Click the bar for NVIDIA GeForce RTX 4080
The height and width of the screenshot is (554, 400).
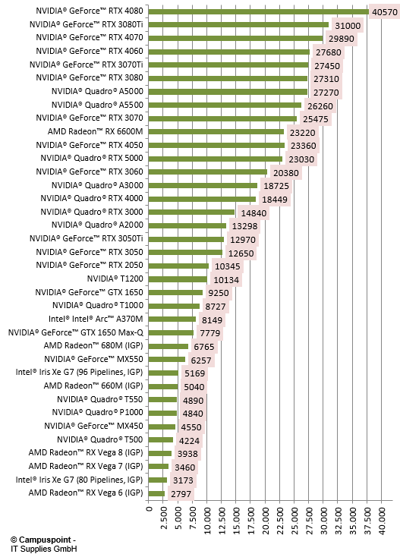point(258,11)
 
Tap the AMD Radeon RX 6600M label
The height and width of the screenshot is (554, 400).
point(96,131)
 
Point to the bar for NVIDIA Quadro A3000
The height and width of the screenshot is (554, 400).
point(203,186)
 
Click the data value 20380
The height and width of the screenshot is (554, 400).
point(286,173)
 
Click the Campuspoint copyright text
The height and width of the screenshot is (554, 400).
point(43,544)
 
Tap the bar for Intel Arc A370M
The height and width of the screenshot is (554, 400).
point(172,319)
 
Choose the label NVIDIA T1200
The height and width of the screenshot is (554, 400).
point(115,279)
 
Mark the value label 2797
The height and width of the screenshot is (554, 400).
point(181,494)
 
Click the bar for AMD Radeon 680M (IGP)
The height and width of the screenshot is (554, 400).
point(169,346)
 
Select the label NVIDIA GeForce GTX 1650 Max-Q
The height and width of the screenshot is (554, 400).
point(76,332)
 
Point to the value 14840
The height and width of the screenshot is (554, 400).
point(254,213)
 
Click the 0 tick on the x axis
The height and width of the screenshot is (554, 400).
point(149,508)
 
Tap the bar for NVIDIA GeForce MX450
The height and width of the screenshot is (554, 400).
point(162,427)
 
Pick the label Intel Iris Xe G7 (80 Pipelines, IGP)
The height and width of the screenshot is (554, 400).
point(79,480)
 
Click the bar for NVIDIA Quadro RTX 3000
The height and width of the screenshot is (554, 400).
point(191,212)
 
